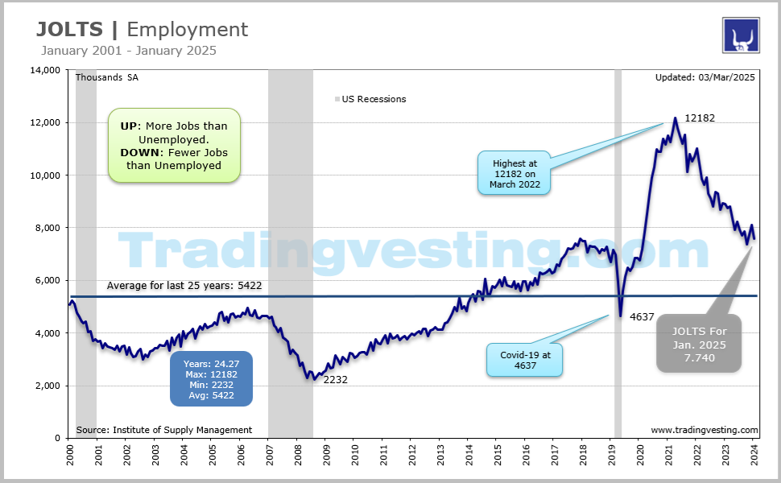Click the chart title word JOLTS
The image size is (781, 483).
click(x=70, y=30)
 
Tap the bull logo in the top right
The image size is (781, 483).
click(x=741, y=35)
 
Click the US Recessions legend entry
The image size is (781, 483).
click(x=373, y=99)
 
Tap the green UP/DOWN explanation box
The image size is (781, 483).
click(x=174, y=146)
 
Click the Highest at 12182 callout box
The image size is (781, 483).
click(x=514, y=172)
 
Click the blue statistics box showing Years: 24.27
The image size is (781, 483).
click(x=210, y=379)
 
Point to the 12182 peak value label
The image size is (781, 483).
click(x=699, y=118)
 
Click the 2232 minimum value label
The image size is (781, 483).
click(x=335, y=379)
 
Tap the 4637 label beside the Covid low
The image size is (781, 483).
click(x=643, y=316)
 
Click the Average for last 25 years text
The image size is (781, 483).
click(x=184, y=285)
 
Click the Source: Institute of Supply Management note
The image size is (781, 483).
click(x=163, y=430)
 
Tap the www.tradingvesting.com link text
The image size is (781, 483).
click(x=704, y=430)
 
